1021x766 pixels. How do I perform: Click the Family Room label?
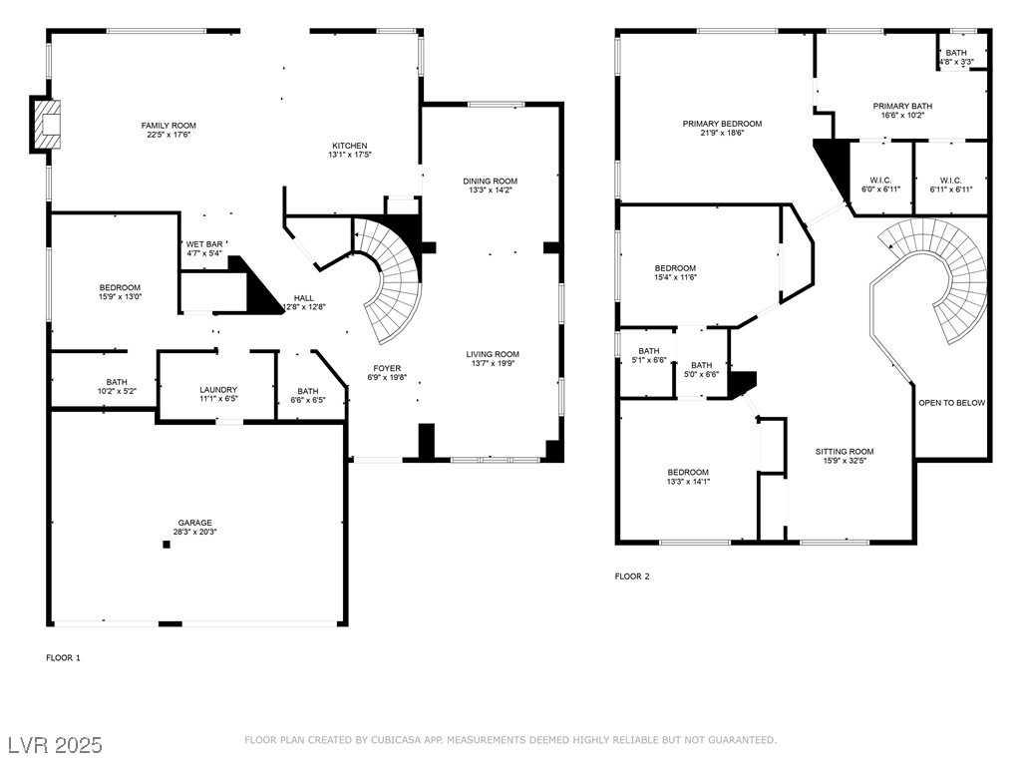click(169, 126)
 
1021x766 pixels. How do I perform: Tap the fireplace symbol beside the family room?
click(47, 123)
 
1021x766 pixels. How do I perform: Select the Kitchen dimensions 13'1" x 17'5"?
click(350, 155)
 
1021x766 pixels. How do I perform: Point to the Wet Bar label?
click(204, 244)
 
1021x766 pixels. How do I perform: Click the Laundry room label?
click(218, 390)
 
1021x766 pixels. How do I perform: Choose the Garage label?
click(195, 523)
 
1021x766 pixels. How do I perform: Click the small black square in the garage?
click(167, 545)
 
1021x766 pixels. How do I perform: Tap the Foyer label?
click(387, 368)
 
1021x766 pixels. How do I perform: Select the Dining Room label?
click(491, 182)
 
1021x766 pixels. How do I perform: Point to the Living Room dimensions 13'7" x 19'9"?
click(493, 363)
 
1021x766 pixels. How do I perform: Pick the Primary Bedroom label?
click(722, 124)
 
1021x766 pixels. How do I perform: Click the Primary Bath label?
click(902, 106)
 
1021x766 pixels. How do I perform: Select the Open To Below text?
click(951, 403)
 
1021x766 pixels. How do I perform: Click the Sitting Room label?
click(845, 452)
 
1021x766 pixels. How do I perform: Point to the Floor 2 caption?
click(632, 576)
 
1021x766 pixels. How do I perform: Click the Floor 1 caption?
click(63, 658)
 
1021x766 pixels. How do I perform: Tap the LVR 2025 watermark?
click(56, 745)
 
